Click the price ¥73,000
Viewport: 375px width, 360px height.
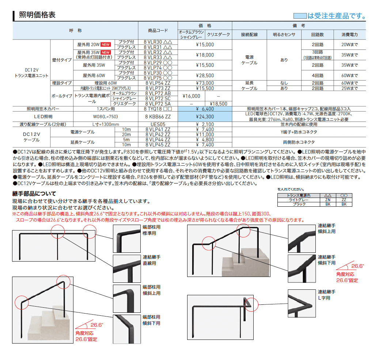(x=205, y=83)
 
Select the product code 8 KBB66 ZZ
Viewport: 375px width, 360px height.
(x=157, y=117)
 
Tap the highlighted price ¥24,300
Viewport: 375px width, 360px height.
(x=205, y=117)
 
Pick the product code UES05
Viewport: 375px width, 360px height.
(x=157, y=124)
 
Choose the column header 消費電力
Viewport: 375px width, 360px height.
(x=349, y=34)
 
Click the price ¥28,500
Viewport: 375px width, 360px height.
(x=205, y=75)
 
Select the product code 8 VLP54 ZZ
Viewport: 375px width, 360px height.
(x=157, y=83)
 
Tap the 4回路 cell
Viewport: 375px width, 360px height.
(x=318, y=75)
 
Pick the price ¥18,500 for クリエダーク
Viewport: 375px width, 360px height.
(x=219, y=104)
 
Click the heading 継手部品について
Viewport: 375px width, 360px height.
(x=34, y=194)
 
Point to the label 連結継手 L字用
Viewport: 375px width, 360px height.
(x=326, y=295)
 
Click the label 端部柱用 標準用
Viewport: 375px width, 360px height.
(x=151, y=229)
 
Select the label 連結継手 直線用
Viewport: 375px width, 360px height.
(x=151, y=260)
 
